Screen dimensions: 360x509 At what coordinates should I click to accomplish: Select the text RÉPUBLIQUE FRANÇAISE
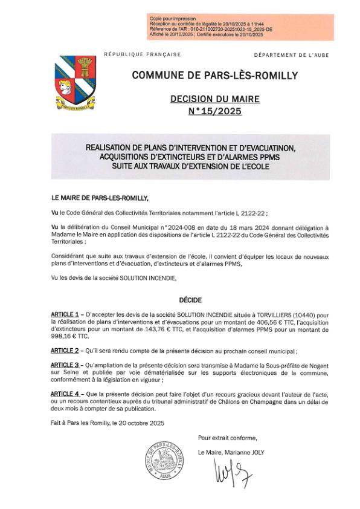143,55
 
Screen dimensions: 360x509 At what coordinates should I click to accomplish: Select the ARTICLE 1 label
65,315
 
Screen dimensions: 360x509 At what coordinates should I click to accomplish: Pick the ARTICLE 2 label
65,350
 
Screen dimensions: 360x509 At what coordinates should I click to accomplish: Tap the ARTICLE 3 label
65,365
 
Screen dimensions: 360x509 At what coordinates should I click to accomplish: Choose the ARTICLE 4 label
65,394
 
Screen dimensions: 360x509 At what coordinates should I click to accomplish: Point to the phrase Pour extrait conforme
227,438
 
